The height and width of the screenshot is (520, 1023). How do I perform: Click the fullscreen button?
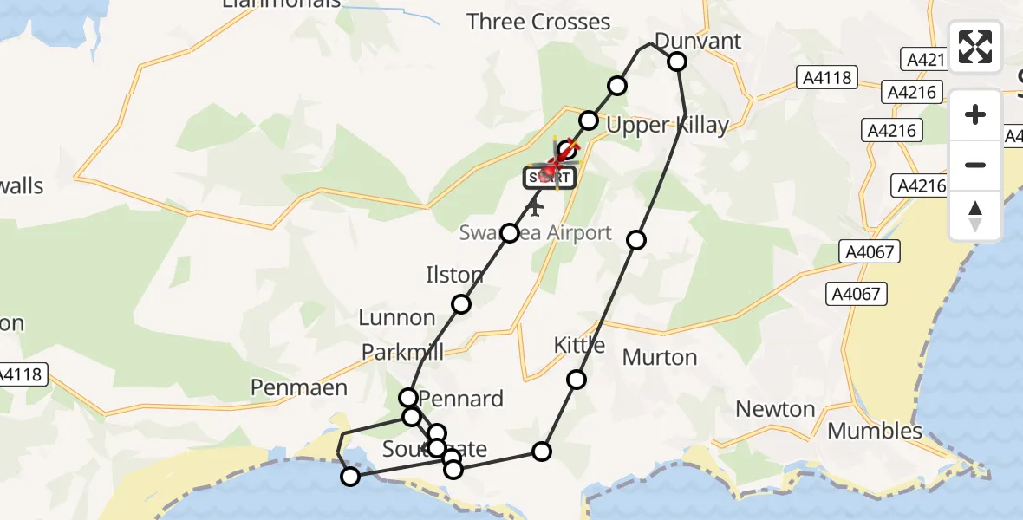tap(975, 47)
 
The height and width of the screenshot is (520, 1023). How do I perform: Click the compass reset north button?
tap(975, 215)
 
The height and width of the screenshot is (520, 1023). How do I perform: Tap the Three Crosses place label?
tap(538, 22)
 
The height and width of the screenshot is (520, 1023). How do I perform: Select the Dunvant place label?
tap(698, 41)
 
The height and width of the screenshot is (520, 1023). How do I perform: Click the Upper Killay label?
tap(668, 125)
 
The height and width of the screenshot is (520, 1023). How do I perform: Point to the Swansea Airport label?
tap(536, 233)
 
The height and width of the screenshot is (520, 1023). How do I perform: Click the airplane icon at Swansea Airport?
tap(535, 207)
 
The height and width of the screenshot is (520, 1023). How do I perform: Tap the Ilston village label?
tap(453, 276)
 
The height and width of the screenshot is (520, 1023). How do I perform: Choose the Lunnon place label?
tap(396, 317)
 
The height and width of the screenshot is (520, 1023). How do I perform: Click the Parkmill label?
tap(402, 352)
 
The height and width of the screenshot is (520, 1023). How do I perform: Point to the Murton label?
tap(659, 357)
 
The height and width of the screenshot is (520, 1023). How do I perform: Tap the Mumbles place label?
tap(875, 431)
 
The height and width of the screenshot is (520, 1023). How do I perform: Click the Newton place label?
tap(775, 409)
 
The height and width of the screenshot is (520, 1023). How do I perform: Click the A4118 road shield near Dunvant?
tap(826, 79)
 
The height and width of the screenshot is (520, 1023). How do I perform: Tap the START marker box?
tap(548, 179)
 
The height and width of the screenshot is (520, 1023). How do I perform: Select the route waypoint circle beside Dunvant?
tap(676, 61)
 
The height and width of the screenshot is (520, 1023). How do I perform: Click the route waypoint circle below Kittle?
tap(577, 379)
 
